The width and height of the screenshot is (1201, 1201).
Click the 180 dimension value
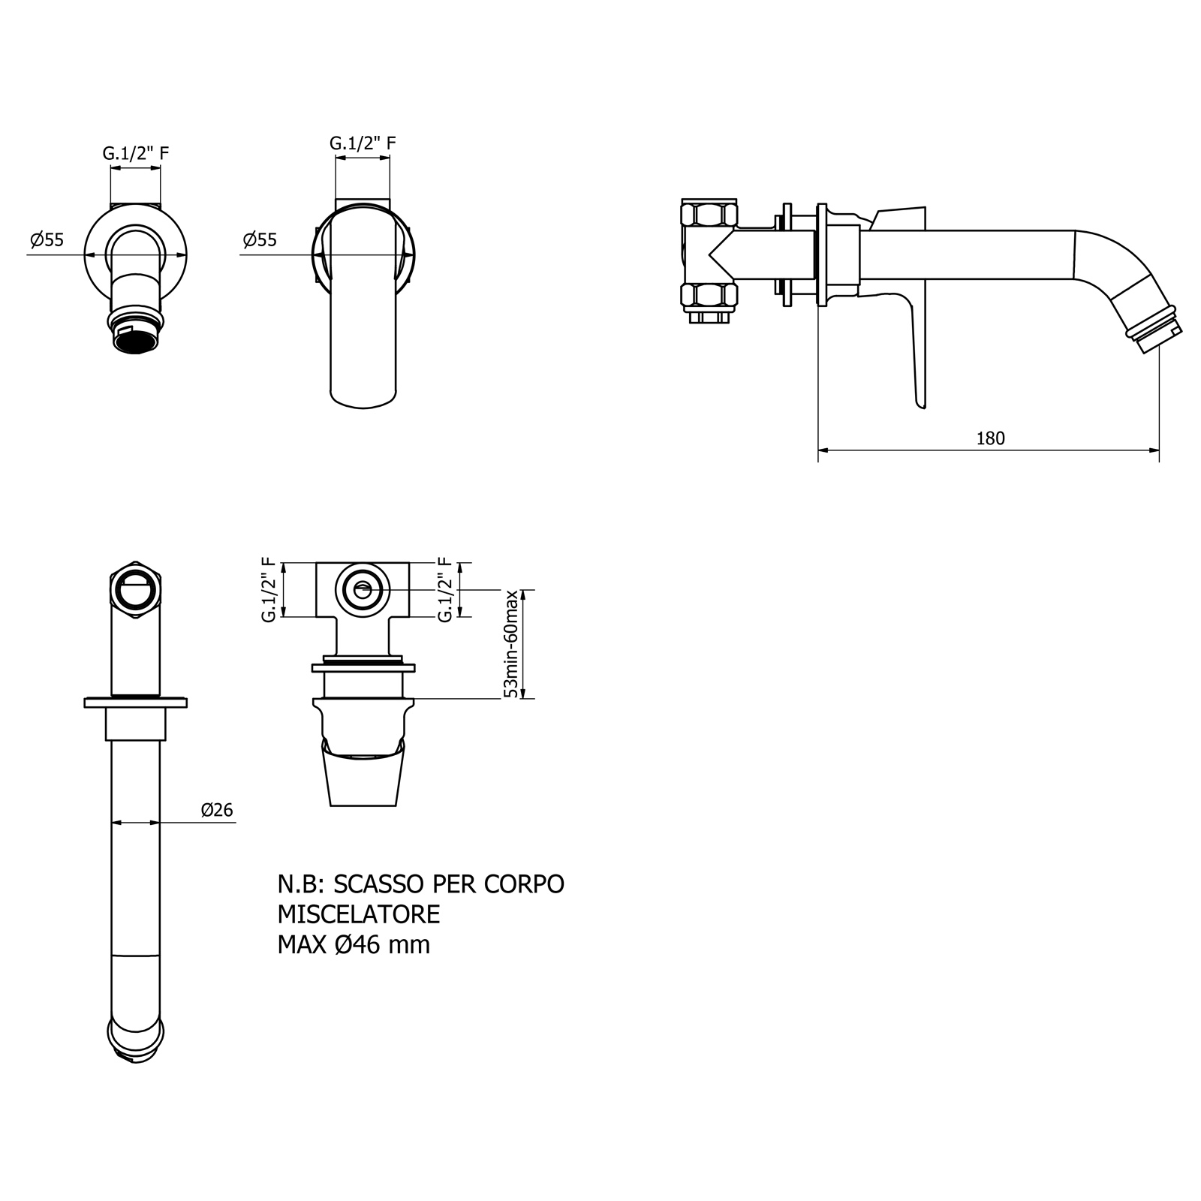click(x=990, y=438)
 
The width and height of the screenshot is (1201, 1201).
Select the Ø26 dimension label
click(x=217, y=810)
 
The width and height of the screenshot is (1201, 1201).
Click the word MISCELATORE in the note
click(x=359, y=914)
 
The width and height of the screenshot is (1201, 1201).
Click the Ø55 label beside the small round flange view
click(x=47, y=240)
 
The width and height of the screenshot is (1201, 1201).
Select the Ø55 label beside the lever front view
click(x=260, y=240)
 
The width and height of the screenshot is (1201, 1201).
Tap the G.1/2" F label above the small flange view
click(x=136, y=153)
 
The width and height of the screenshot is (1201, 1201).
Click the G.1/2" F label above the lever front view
click(x=363, y=143)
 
